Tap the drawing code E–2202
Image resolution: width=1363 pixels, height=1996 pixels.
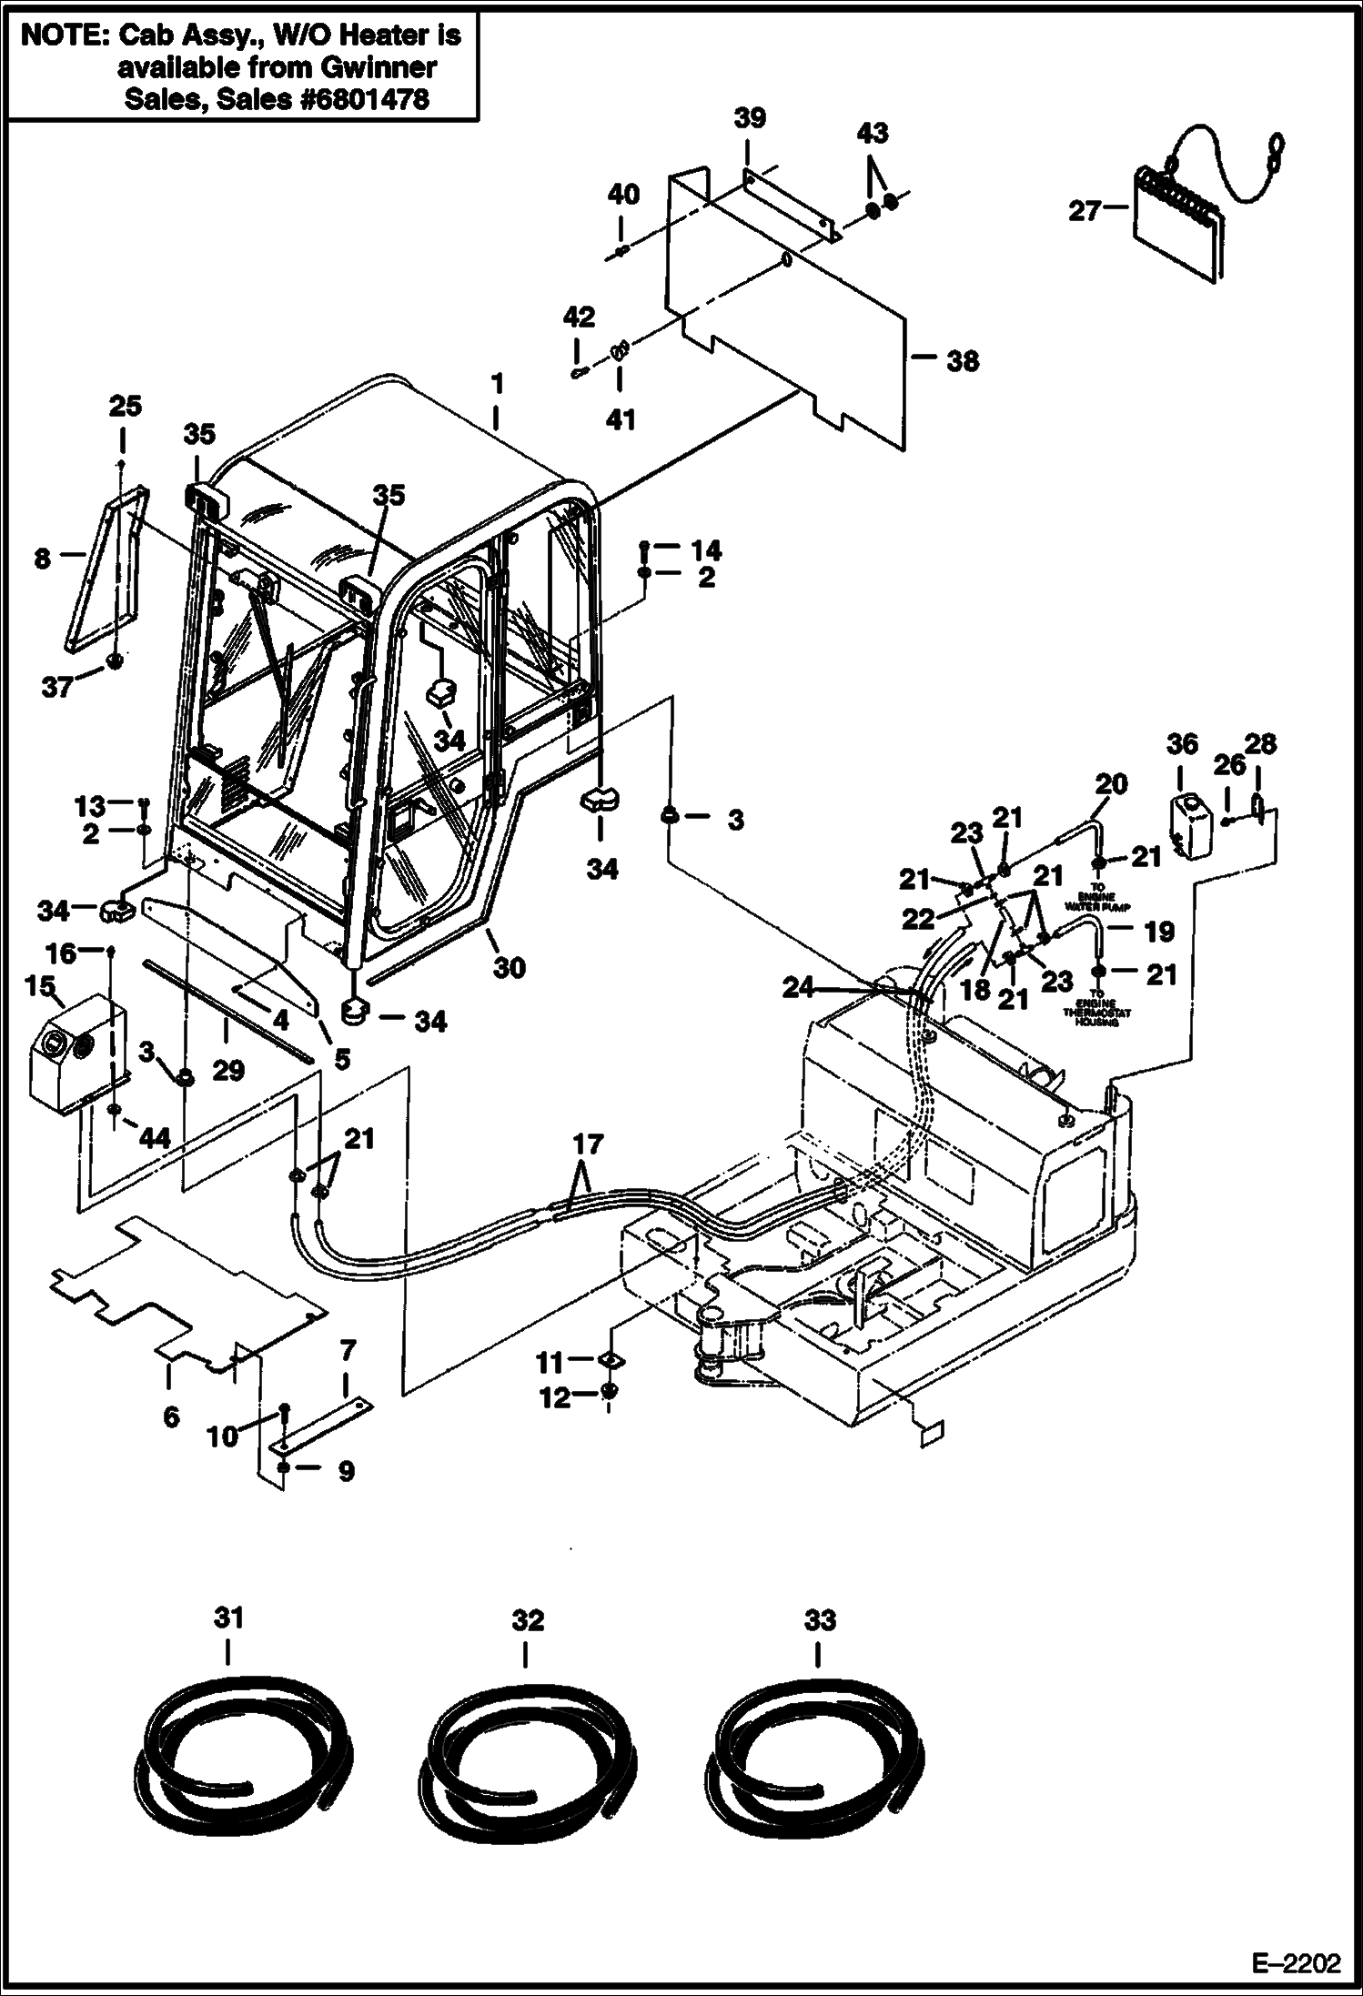1296,1961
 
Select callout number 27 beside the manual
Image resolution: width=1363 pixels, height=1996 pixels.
1085,211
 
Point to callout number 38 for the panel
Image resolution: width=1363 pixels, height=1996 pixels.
963,361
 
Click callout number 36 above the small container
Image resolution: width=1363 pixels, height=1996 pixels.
1182,744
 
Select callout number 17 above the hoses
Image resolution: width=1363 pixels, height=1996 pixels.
588,1143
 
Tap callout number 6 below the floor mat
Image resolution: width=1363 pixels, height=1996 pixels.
171,1416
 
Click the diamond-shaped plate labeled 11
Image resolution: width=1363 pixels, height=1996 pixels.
610,1361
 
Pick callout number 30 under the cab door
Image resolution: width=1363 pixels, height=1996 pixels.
510,967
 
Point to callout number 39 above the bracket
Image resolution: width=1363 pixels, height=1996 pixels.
750,118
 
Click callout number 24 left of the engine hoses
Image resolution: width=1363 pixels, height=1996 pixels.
798,987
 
